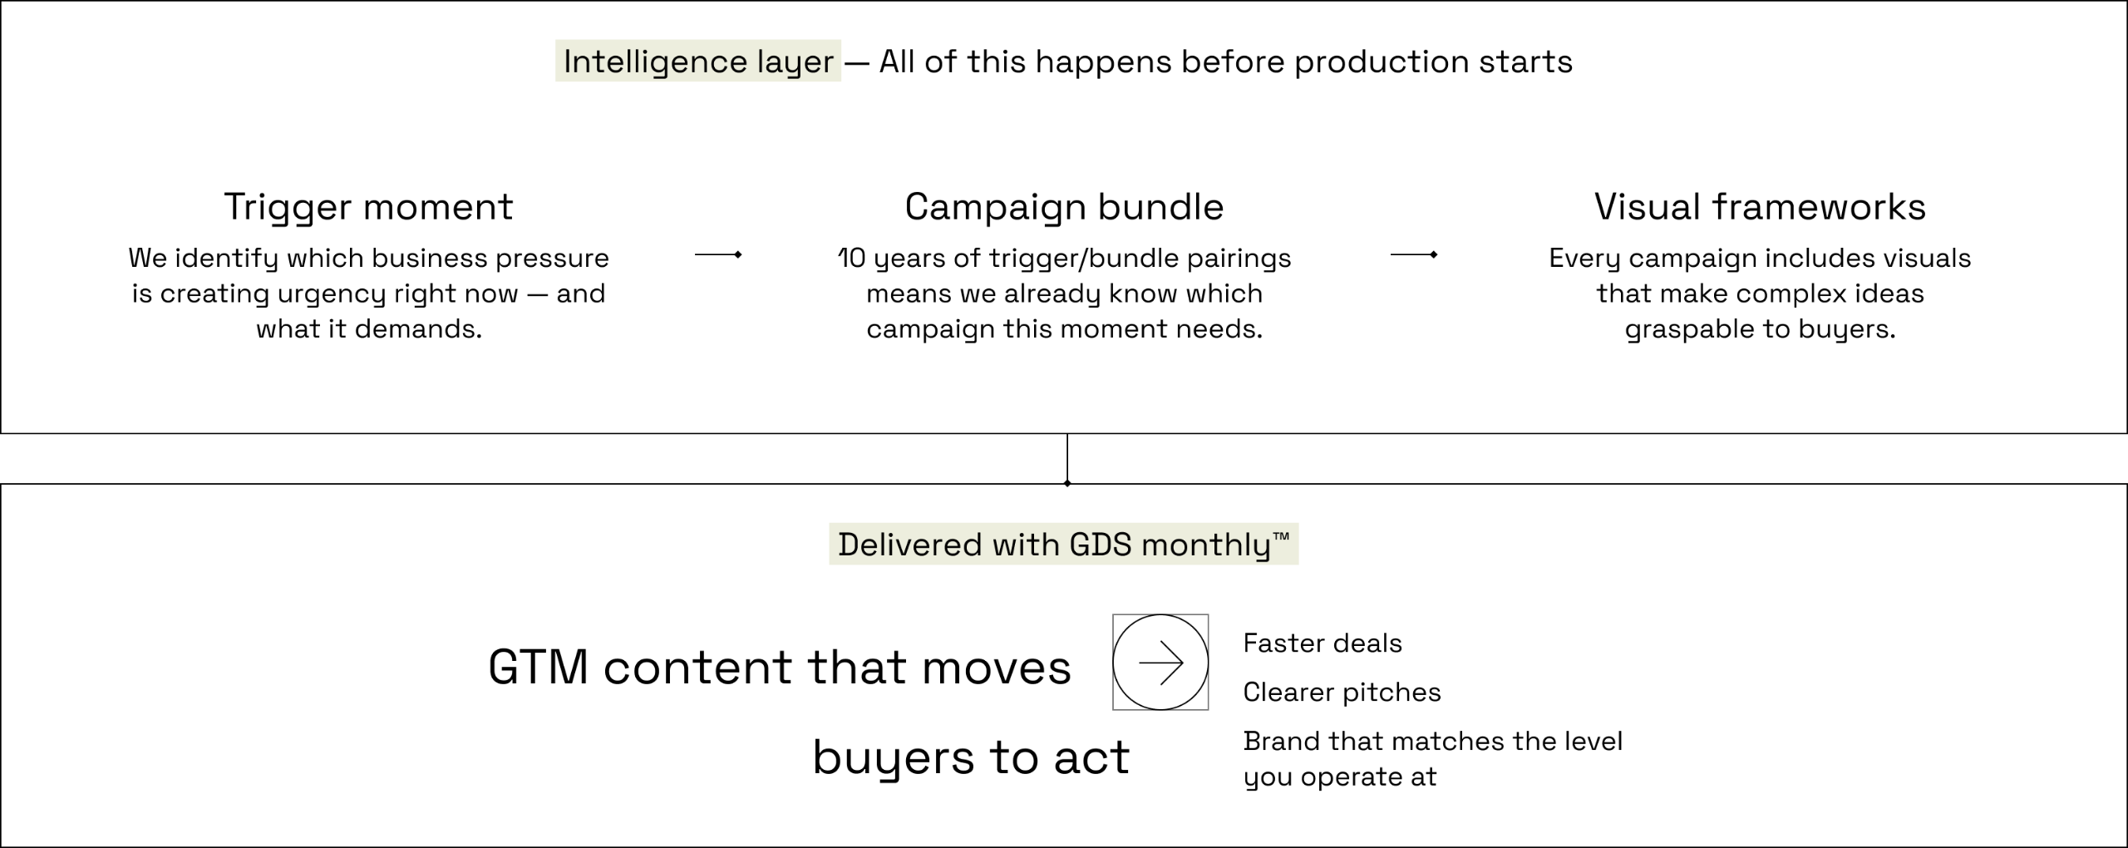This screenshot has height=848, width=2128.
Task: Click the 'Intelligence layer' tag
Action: pos(698,62)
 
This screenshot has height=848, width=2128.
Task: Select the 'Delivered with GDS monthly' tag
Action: pos(1062,545)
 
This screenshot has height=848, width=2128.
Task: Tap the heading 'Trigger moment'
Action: pos(368,207)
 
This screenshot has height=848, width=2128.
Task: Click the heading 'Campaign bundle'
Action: pos(1064,207)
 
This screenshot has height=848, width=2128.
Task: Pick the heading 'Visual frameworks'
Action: pos(1760,207)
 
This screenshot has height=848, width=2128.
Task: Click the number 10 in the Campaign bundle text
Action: pos(851,259)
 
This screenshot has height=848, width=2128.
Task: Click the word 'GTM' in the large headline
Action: pos(539,668)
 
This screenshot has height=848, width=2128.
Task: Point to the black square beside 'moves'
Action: pos(1160,663)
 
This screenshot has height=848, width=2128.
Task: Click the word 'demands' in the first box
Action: pos(418,330)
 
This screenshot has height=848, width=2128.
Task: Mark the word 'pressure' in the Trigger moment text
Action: pos(552,259)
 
